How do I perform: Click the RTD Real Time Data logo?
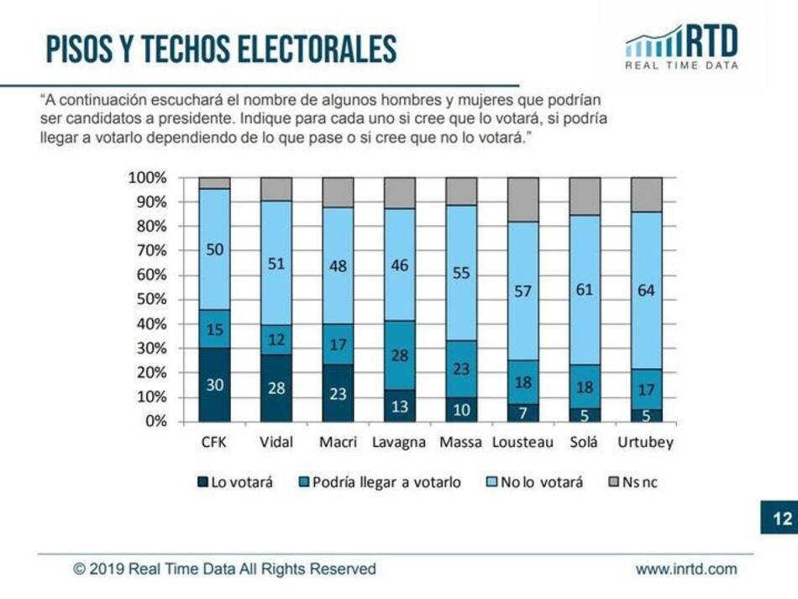[x=682, y=47]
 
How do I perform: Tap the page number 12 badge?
[x=781, y=518]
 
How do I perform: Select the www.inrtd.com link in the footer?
[x=685, y=569]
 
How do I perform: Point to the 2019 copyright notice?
[x=224, y=569]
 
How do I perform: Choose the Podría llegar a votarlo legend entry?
[x=380, y=482]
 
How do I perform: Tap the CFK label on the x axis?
[x=214, y=442]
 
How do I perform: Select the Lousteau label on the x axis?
[x=523, y=442]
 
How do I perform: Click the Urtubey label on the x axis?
[x=646, y=442]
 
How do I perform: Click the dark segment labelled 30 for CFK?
[x=214, y=385]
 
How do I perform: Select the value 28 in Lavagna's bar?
[x=400, y=355]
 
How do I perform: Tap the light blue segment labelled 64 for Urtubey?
[x=647, y=290]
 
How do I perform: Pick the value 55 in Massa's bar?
[x=461, y=272]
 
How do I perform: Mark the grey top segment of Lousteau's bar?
[x=523, y=199]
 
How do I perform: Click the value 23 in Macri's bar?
[x=338, y=393]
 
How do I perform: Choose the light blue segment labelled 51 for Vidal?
[x=276, y=263]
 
